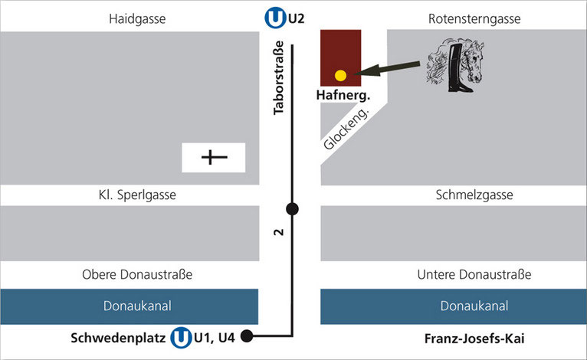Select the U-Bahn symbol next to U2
(x=274, y=17)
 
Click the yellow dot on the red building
(x=341, y=75)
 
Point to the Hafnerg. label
(x=343, y=96)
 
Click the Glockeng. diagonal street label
(x=348, y=129)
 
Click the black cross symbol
(x=214, y=158)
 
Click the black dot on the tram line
(x=292, y=208)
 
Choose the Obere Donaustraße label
(x=137, y=274)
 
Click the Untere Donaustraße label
(x=474, y=274)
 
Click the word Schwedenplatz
(x=118, y=337)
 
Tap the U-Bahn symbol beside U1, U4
(x=181, y=337)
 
